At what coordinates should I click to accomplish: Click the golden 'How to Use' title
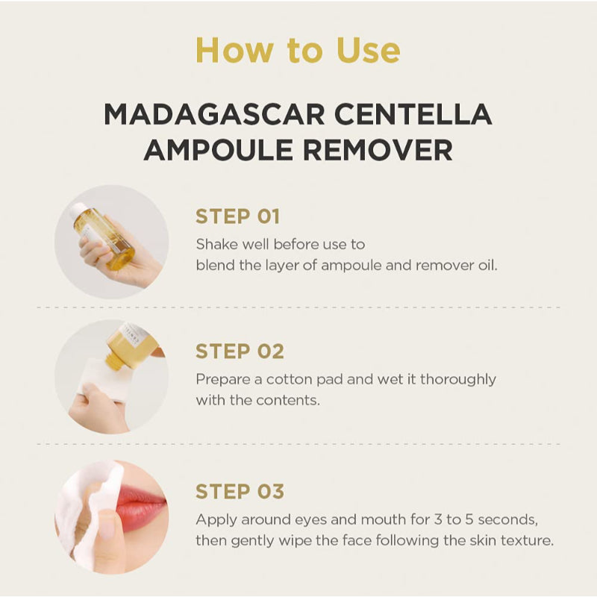[x=298, y=50]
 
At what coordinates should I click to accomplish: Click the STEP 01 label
[x=237, y=216]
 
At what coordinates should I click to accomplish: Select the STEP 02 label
[x=240, y=351]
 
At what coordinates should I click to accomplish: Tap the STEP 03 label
[x=240, y=492]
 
